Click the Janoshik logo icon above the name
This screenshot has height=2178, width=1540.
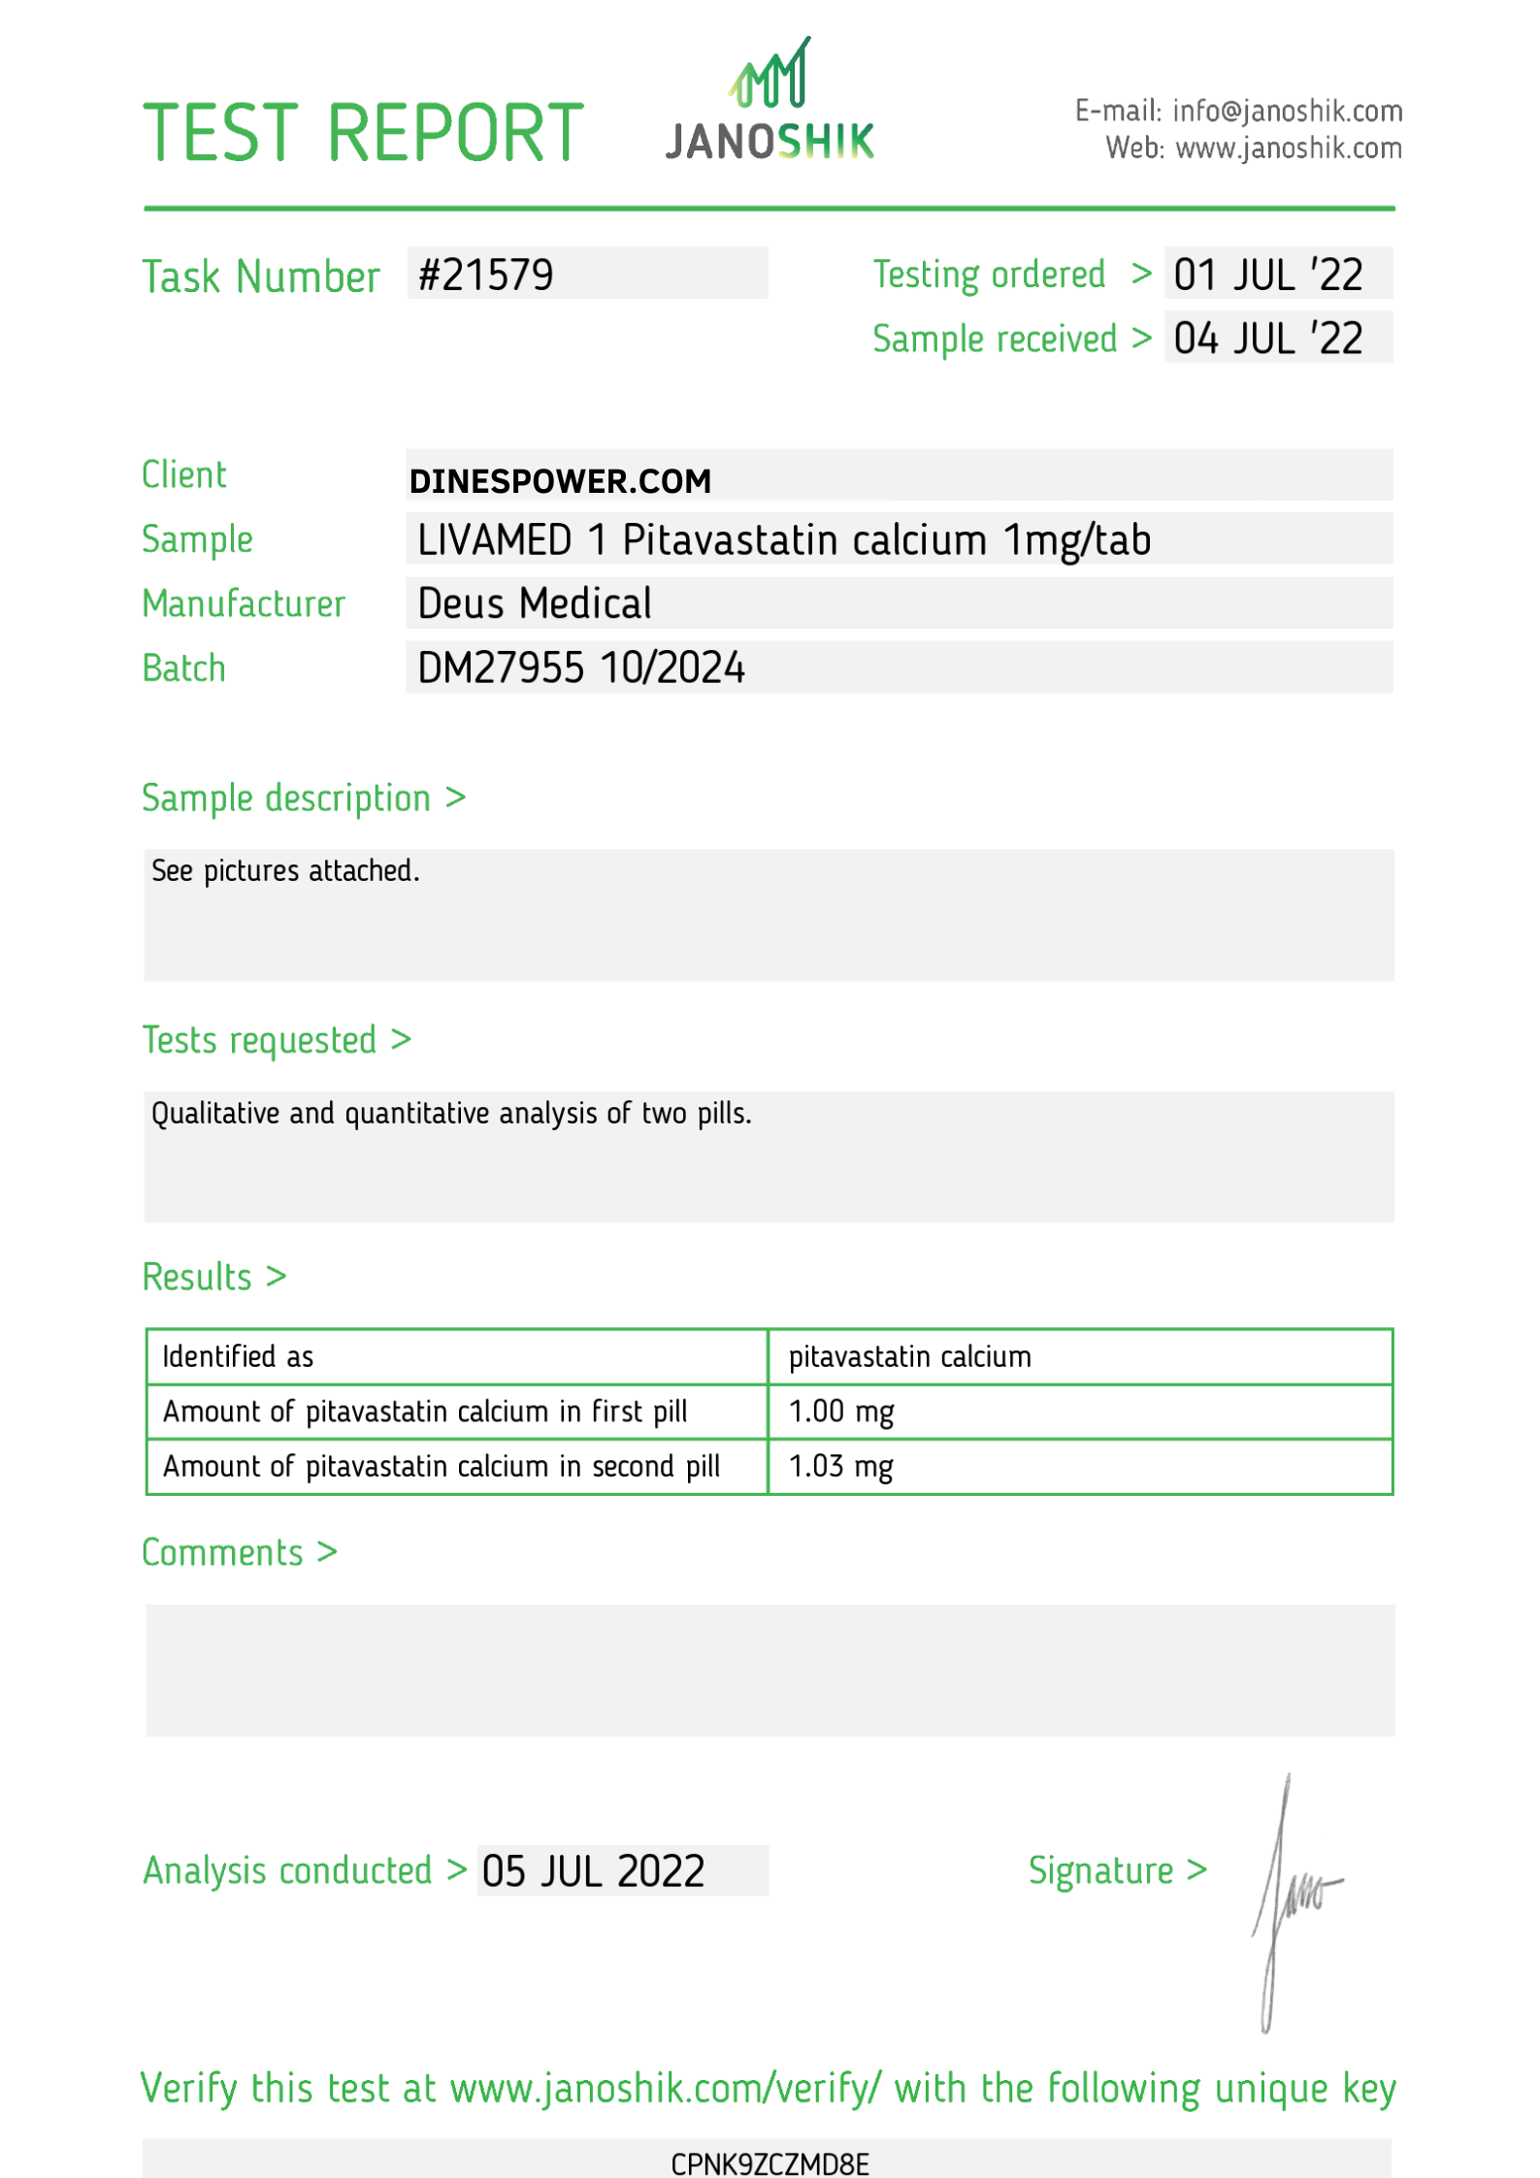point(770,76)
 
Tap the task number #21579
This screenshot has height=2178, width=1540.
point(485,276)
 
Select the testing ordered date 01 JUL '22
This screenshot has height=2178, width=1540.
point(1267,276)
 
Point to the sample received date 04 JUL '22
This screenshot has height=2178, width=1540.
point(1267,340)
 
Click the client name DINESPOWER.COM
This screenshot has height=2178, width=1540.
point(560,481)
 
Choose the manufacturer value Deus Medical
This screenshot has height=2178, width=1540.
point(534,603)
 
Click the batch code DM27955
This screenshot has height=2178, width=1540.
point(500,668)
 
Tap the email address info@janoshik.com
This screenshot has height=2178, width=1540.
point(1287,112)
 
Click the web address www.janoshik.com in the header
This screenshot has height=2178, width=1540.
point(1288,148)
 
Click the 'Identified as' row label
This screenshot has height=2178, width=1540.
point(238,1356)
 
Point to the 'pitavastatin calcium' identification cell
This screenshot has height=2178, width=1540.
point(909,1356)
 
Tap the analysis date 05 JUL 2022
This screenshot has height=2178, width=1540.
point(593,1871)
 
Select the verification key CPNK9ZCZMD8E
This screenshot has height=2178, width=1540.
point(770,2164)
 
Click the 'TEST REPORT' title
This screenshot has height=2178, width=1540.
point(363,133)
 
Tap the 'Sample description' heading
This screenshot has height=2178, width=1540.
point(286,798)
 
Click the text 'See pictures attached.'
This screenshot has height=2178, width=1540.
point(285,871)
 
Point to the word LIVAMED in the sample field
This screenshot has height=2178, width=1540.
point(494,540)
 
